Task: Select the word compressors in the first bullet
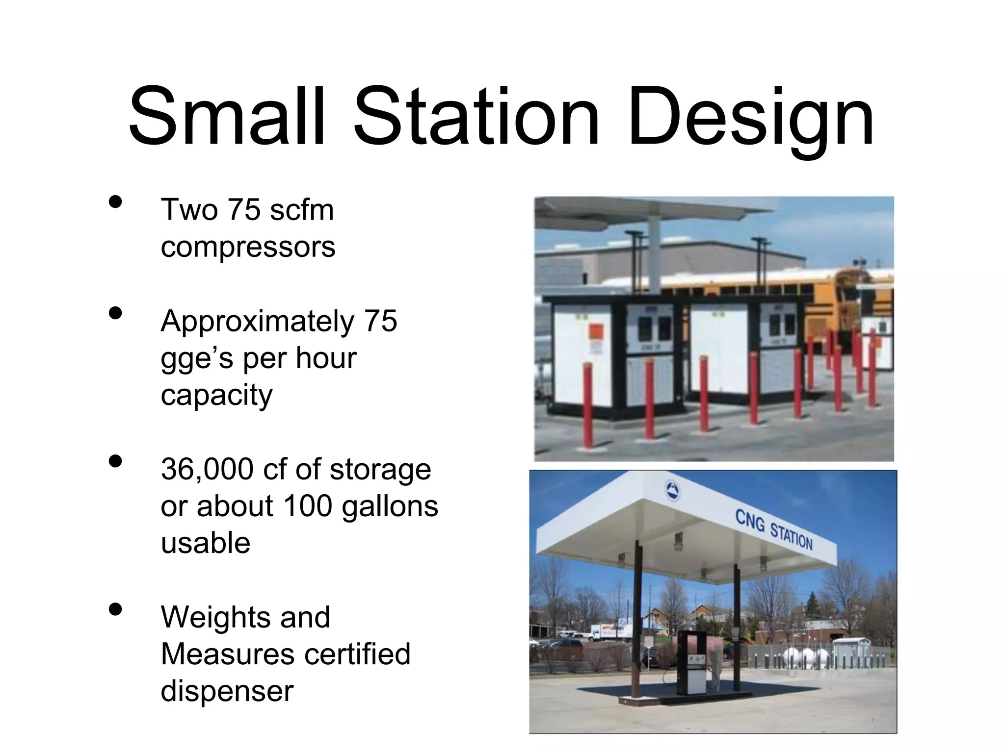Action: (248, 247)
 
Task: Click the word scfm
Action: (302, 210)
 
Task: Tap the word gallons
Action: (390, 506)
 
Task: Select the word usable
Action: (206, 543)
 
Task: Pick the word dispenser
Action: (227, 691)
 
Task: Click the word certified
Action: (356, 654)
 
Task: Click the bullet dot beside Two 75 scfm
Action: (115, 202)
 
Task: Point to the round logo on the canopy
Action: (672, 490)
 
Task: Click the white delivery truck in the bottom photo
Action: (610, 632)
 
